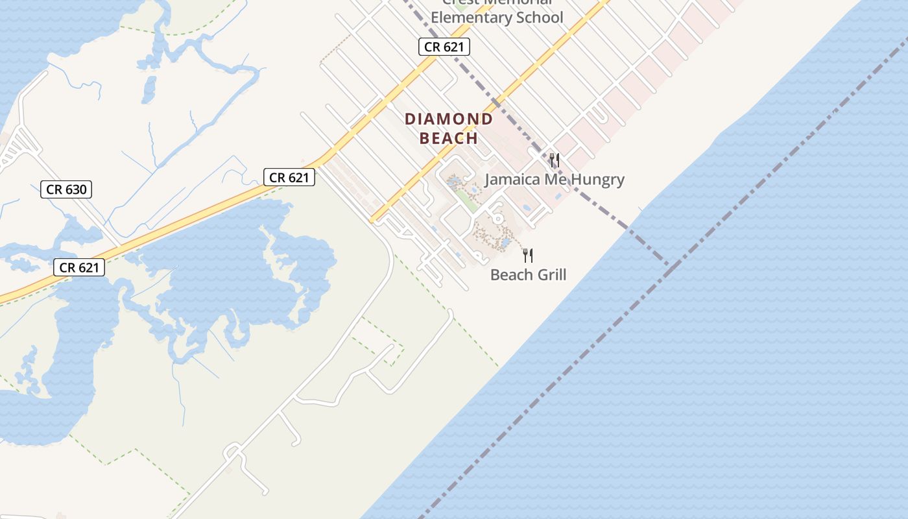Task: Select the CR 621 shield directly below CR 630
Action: (78, 267)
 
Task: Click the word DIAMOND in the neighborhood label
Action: (449, 119)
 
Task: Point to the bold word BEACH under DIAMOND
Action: (449, 138)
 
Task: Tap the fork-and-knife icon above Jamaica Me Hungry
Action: (554, 160)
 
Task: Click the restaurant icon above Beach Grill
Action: (528, 256)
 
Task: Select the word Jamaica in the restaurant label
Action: (512, 180)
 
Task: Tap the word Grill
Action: (551, 275)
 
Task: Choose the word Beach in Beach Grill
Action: (510, 275)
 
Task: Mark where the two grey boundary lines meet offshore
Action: (669, 265)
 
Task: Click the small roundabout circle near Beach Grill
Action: (497, 219)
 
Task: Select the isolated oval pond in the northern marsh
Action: (149, 90)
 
